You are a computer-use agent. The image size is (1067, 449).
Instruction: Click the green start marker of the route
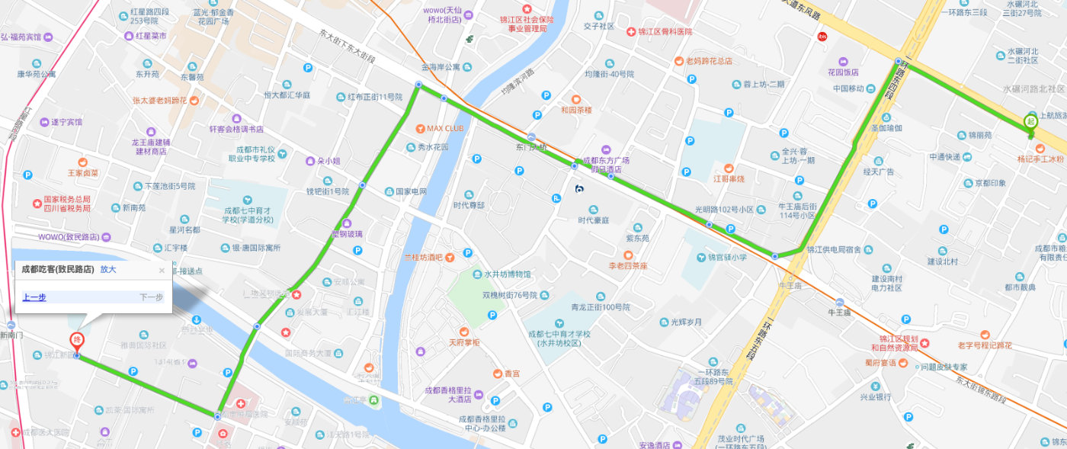pos(1030,121)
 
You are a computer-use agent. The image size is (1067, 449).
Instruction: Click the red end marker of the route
pos(77,341)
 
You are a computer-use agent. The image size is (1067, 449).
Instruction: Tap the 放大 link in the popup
pos(108,269)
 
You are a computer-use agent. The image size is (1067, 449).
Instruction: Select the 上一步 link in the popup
pos(34,297)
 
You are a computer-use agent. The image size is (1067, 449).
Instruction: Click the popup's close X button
pos(162,270)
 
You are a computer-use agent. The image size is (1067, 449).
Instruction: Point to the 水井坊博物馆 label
pos(507,274)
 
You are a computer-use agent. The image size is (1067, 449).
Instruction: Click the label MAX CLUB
pos(445,128)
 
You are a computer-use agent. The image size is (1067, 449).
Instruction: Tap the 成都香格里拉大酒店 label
pos(449,395)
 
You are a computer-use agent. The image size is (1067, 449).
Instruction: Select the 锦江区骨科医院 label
pos(665,32)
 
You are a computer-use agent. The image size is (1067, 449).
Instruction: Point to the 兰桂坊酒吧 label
pos(423,257)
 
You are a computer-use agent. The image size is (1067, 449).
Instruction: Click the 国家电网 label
pos(411,191)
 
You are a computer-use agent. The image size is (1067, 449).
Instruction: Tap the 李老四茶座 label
pos(627,266)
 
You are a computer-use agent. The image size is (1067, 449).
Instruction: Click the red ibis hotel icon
pos(822,36)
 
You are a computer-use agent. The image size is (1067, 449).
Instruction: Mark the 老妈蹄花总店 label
pos(709,61)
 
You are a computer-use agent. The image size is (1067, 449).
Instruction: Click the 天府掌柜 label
pos(464,343)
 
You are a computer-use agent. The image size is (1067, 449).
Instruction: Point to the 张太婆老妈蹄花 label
pos(159,100)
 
